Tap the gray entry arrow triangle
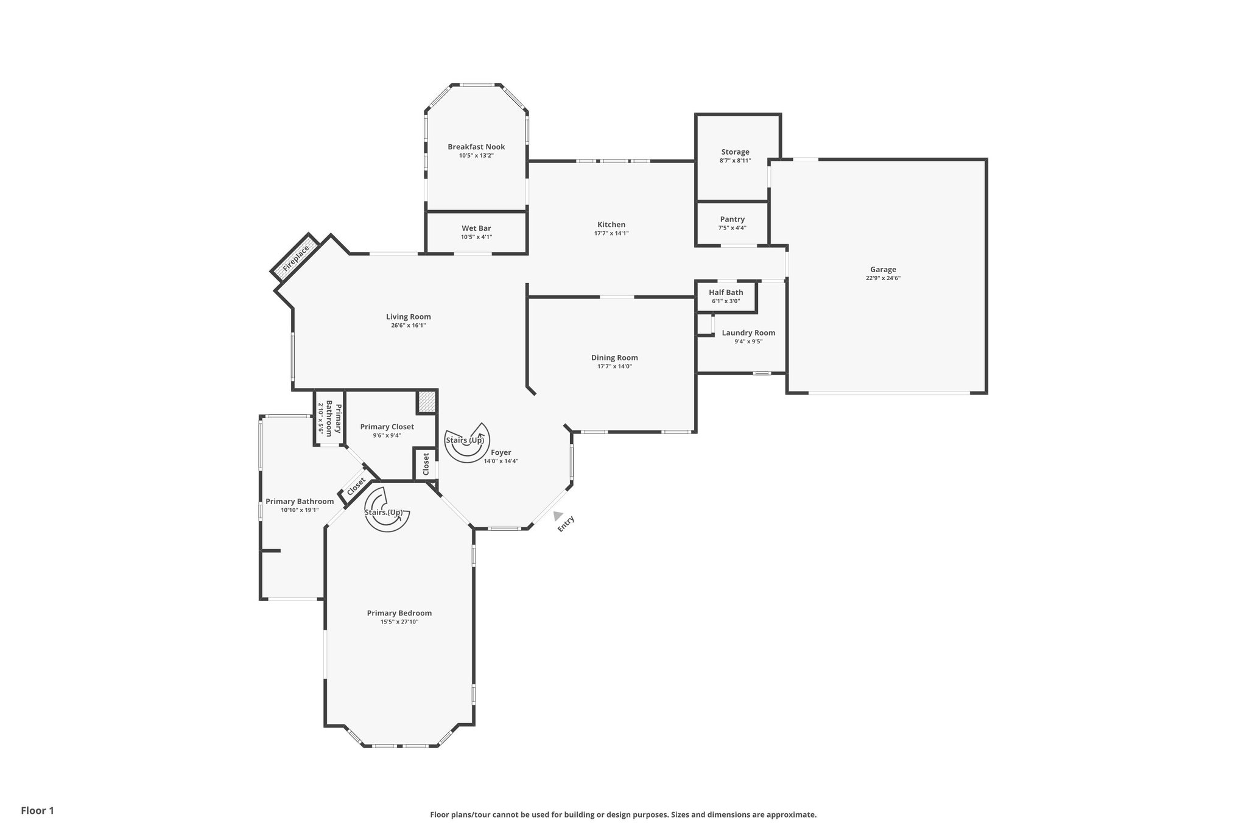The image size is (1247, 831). (558, 516)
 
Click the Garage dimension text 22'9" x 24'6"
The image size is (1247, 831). (882, 278)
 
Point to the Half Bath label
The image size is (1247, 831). (726, 292)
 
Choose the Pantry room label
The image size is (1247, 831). (732, 219)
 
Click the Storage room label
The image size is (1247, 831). (735, 152)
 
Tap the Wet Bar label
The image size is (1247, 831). (476, 228)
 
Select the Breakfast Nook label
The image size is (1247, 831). (476, 147)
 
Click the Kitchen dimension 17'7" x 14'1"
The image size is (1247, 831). (611, 233)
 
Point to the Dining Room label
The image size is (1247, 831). (614, 358)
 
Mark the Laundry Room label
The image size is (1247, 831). (748, 333)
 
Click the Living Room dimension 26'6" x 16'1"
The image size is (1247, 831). (408, 325)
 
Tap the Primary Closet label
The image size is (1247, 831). (387, 427)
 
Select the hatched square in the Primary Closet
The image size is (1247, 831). (426, 402)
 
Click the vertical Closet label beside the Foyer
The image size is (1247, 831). (426, 465)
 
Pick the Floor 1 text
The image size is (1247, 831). (38, 810)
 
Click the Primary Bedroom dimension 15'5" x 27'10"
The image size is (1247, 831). (399, 622)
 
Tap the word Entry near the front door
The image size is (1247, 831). (566, 524)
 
